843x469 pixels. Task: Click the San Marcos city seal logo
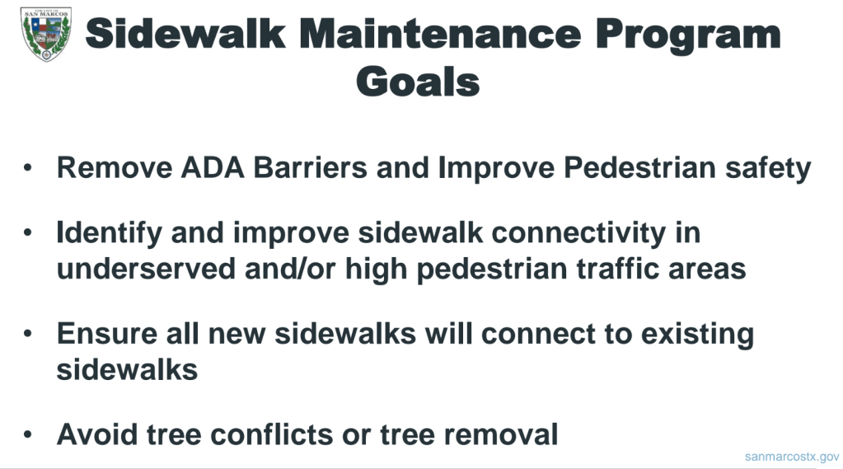pyautogui.click(x=45, y=34)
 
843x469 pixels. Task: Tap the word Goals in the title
pyautogui.click(x=418, y=82)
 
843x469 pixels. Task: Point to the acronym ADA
pyautogui.click(x=213, y=167)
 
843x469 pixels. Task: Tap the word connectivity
pyautogui.click(x=578, y=234)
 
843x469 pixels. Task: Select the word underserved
pyautogui.click(x=146, y=269)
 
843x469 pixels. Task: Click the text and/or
pyautogui.click(x=290, y=269)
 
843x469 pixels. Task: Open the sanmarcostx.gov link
pyautogui.click(x=792, y=457)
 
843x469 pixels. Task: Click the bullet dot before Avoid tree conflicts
pyautogui.click(x=28, y=434)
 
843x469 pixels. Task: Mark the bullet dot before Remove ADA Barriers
pyautogui.click(x=28, y=167)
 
